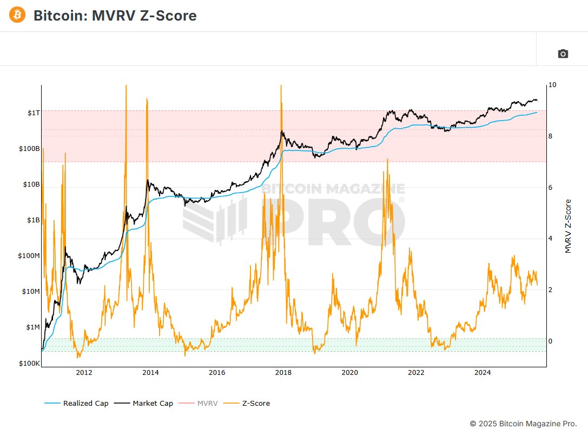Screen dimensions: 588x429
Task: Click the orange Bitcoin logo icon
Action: click(x=17, y=15)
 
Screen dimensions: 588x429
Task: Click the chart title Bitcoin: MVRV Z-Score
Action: click(x=115, y=16)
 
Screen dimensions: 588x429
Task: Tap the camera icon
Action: click(x=563, y=54)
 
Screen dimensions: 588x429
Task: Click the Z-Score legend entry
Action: click(x=254, y=403)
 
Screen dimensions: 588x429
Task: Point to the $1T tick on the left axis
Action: click(x=34, y=113)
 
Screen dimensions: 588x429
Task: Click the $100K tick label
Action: click(x=29, y=363)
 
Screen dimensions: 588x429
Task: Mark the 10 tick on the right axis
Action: click(x=552, y=85)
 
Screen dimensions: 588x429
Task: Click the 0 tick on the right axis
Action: click(x=550, y=341)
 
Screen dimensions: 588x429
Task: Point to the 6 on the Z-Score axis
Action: click(x=550, y=188)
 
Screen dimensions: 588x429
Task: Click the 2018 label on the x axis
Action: click(x=283, y=372)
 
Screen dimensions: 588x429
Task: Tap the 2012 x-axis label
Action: click(x=84, y=372)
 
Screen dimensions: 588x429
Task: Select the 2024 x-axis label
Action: click(x=482, y=372)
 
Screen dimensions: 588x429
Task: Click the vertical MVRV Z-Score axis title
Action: click(x=568, y=226)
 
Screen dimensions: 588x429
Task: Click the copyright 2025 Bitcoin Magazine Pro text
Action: click(x=523, y=423)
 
